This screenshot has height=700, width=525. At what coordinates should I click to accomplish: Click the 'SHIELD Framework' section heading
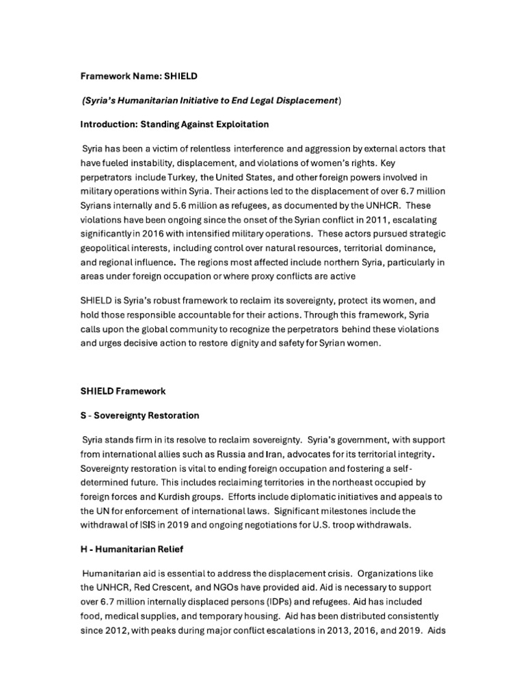(122, 392)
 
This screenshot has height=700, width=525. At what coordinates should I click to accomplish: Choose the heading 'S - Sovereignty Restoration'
(140, 415)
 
